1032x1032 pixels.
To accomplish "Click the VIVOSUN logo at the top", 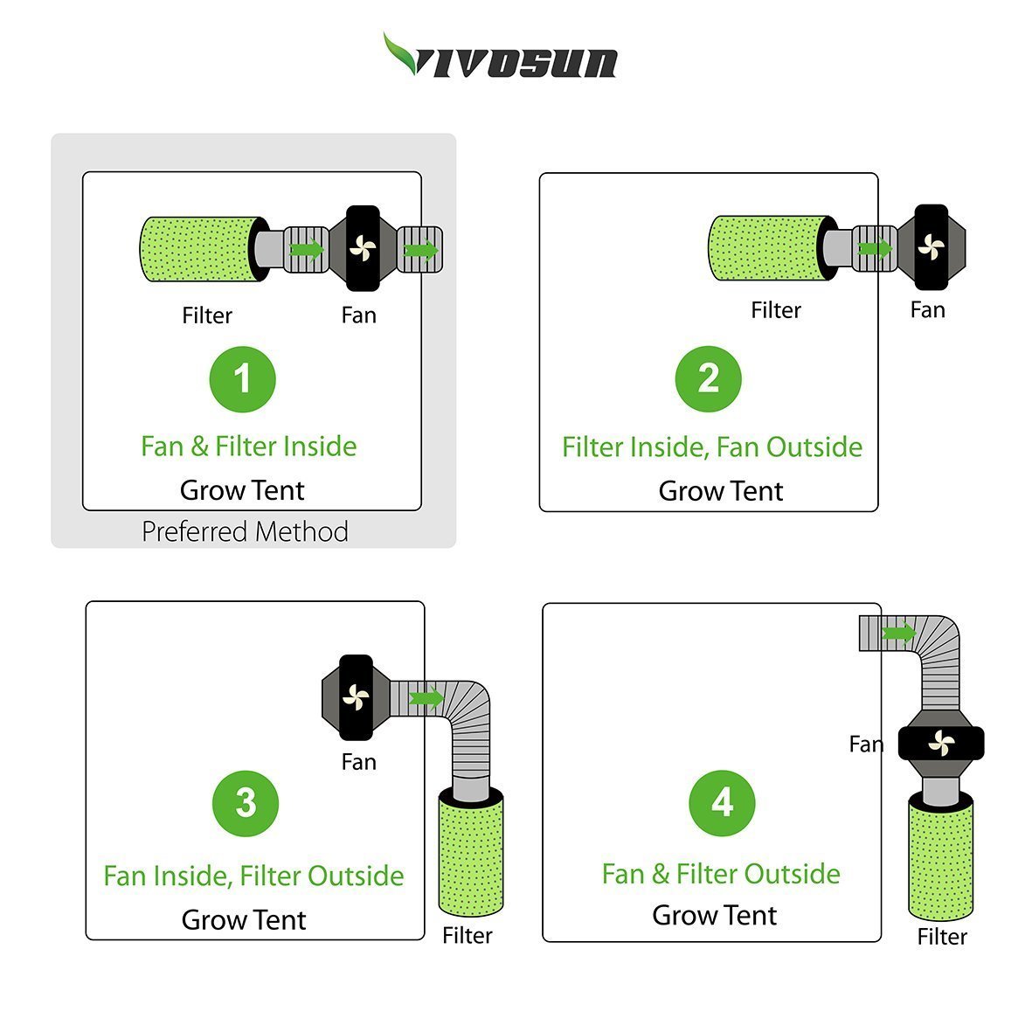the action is pos(500,56).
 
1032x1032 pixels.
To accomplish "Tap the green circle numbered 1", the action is pos(242,379).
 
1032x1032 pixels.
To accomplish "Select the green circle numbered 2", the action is pos(708,379).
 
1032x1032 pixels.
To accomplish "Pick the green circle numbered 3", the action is pos(246,803).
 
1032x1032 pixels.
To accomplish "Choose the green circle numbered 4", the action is pos(722,803).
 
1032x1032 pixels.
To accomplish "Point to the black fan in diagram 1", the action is pos(363,248).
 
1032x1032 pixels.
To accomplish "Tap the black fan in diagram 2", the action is pos(932,247).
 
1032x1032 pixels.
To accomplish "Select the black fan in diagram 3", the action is pos(356,697).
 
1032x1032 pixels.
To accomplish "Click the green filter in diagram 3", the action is pos(471,853).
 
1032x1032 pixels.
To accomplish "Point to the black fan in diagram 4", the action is pos(941,743).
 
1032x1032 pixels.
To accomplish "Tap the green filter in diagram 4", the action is pos(940,855).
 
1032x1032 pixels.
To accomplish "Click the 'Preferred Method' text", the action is pos(245,532).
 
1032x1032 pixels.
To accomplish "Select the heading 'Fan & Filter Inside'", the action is pos(249,447).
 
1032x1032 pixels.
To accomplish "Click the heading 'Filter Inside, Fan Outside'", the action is pos(712,447).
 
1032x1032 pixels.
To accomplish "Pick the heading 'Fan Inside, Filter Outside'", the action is pos(253,876).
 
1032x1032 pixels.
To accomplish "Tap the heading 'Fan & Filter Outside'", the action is pos(721,874).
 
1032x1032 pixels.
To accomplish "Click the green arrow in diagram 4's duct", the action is pos(898,634).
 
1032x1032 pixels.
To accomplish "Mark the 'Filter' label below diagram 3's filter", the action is pos(468,935).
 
